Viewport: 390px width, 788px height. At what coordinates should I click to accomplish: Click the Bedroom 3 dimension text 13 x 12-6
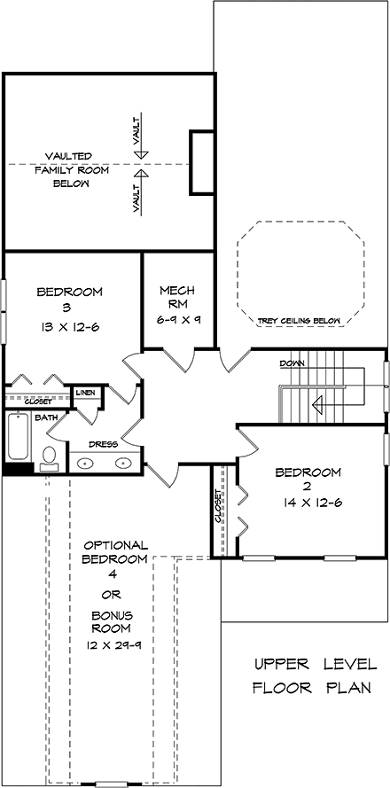(69, 327)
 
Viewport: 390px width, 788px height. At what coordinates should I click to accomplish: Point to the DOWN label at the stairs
(293, 363)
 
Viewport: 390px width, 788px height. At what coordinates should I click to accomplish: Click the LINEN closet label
(85, 393)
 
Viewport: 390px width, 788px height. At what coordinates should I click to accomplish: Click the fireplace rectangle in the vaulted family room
(201, 162)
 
